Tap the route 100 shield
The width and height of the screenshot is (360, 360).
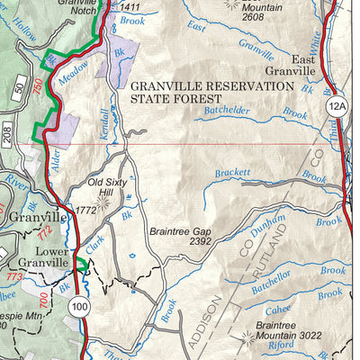click(x=80, y=308)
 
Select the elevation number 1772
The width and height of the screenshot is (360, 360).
click(x=87, y=211)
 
